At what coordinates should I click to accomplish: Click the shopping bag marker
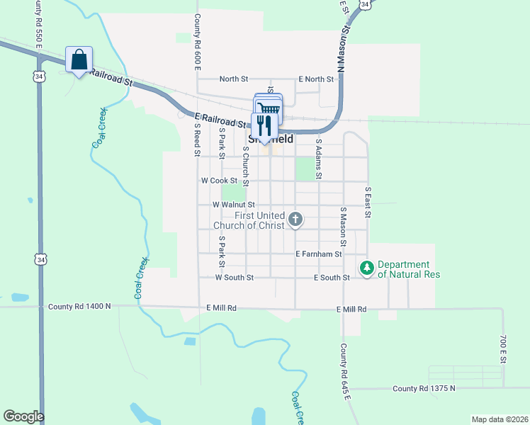[x=79, y=59]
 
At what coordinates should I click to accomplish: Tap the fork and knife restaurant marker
[x=264, y=125]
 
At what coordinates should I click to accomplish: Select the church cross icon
[x=295, y=220]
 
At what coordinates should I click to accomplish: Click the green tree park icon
[x=367, y=268]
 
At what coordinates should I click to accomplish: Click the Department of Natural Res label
[x=410, y=269]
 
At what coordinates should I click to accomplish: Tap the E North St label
[x=316, y=79]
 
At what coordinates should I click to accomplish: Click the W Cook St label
[x=219, y=181]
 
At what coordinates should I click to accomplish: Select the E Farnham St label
[x=319, y=254]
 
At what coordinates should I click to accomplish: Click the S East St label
[x=368, y=201]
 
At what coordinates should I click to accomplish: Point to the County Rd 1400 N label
[x=79, y=307]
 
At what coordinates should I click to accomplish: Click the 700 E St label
[x=503, y=351]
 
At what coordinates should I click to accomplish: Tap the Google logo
[x=23, y=416]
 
